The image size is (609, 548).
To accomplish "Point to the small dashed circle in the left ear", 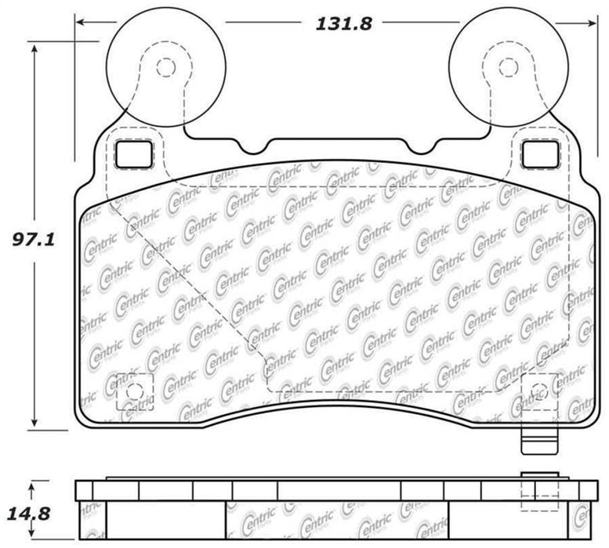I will point(165,68).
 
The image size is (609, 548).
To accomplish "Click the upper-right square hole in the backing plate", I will point(540,154).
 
